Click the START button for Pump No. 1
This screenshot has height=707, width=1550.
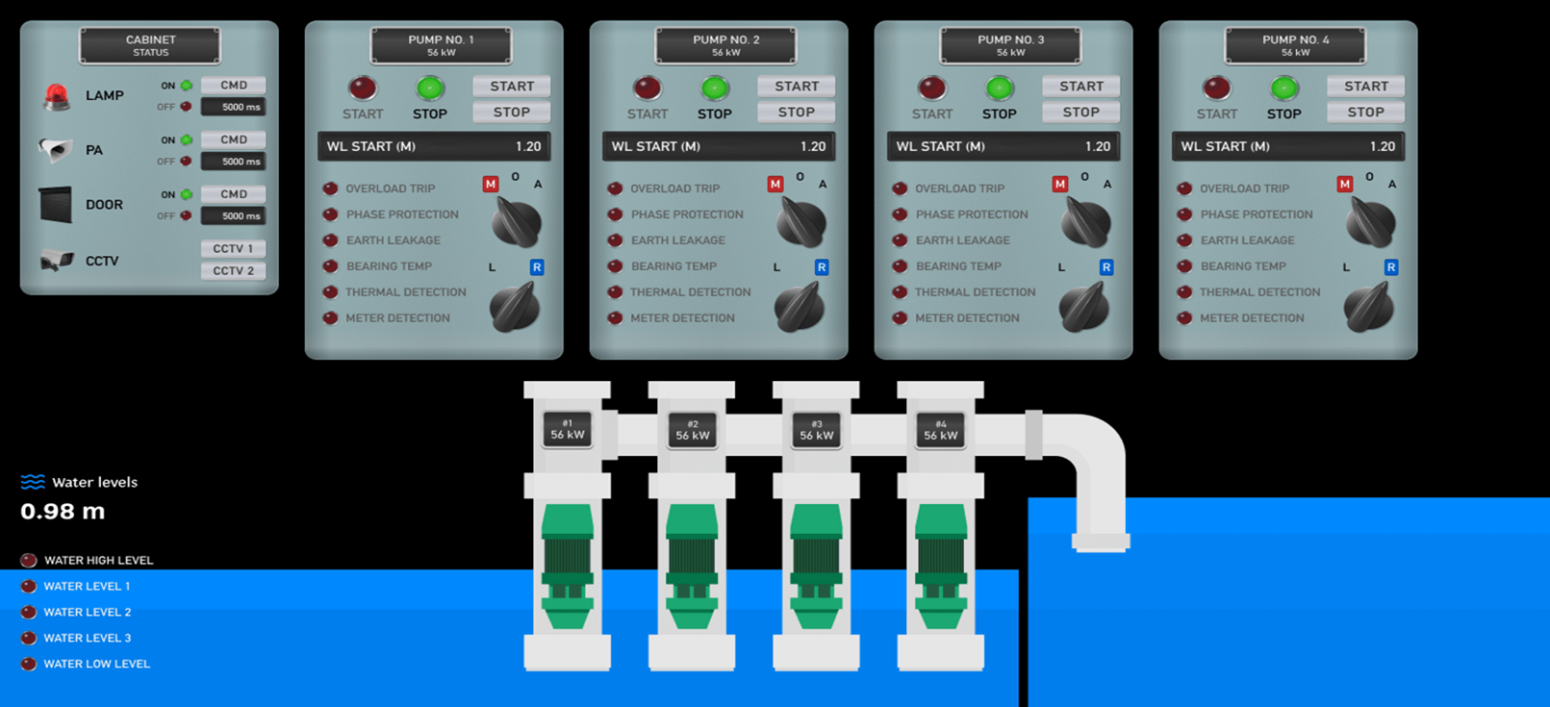coord(511,86)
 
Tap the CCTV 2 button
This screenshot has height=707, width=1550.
coord(233,270)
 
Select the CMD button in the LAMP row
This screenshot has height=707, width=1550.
coord(233,85)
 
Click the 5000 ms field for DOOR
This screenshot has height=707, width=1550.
coord(233,215)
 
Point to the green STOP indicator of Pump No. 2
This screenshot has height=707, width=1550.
coord(715,88)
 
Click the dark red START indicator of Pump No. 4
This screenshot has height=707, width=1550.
coord(1216,88)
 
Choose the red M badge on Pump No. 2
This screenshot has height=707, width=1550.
coord(775,184)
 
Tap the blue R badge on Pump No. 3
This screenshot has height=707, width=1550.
coord(1105,267)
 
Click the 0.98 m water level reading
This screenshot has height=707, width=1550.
coord(63,511)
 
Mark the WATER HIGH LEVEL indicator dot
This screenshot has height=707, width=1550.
coord(28,560)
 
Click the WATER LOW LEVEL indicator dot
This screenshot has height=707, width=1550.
coord(28,664)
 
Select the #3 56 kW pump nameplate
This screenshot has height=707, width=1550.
coord(817,430)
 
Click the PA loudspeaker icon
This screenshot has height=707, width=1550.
coord(56,149)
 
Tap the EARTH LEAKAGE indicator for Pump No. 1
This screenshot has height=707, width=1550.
coord(331,240)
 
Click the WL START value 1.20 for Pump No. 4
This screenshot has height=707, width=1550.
coord(1382,146)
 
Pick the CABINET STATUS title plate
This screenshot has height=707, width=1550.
coord(150,45)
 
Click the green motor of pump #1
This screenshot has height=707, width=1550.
coord(568,566)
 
